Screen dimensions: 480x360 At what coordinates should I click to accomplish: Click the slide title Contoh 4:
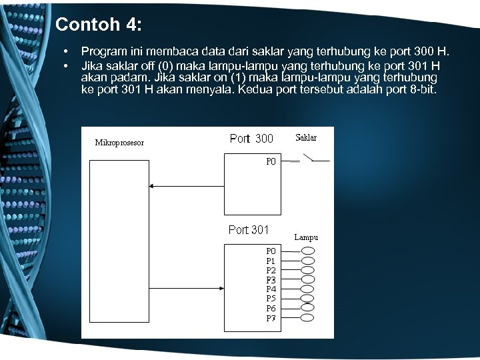[x=99, y=25]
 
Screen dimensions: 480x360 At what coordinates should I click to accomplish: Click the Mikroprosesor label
[x=119, y=143]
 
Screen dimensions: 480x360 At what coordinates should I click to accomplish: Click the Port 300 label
[x=251, y=139]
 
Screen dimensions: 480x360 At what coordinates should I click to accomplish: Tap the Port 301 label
[x=249, y=230]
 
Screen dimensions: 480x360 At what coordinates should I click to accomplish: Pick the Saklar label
[x=305, y=138]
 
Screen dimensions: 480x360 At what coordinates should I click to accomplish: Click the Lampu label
[x=306, y=237]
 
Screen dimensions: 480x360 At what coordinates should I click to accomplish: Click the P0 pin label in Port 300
[x=271, y=161]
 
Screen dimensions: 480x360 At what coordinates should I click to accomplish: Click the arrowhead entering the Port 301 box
[x=220, y=289]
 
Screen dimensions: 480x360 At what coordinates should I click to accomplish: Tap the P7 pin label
[x=271, y=318]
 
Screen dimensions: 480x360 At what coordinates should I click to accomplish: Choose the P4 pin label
[x=271, y=289]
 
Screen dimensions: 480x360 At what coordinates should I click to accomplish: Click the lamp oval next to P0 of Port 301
[x=307, y=251]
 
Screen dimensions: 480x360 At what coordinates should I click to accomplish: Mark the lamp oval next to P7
[x=307, y=318]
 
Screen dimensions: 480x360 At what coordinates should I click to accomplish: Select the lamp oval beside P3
[x=307, y=280]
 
